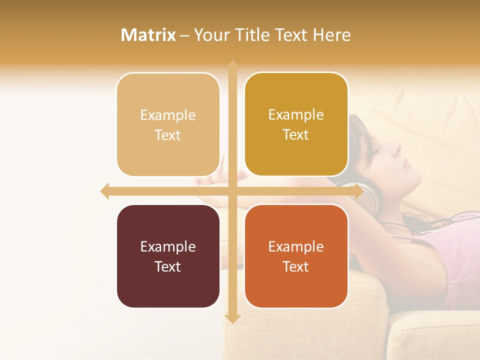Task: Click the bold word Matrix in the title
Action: click(x=148, y=35)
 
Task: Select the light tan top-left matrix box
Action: click(x=168, y=124)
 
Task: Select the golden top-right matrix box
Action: click(x=296, y=124)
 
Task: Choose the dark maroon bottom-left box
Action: click(x=168, y=256)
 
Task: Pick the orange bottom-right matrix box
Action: click(x=296, y=256)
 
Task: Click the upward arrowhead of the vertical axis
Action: click(x=232, y=65)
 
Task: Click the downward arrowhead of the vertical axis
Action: click(x=232, y=318)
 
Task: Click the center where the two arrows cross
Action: click(x=232, y=191)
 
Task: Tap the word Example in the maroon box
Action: click(x=168, y=246)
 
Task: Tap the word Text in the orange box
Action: click(x=296, y=266)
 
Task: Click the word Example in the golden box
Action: click(x=296, y=114)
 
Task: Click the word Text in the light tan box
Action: click(x=168, y=135)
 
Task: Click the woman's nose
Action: click(x=398, y=148)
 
